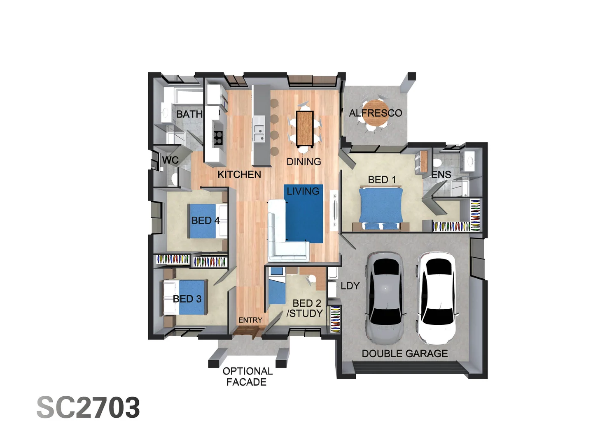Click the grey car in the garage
[x=385, y=298]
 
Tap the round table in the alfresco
[x=375, y=112]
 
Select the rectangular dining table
[x=305, y=128]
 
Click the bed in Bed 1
[x=381, y=208]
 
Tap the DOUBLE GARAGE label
[x=404, y=354]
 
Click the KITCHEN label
[x=239, y=175]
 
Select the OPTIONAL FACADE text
[x=247, y=377]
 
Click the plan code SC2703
[x=88, y=408]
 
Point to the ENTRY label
[x=250, y=320]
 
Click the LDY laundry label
[x=350, y=286]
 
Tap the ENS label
[x=441, y=175]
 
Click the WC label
[x=170, y=160]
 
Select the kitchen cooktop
[x=218, y=137]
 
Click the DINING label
[x=304, y=162]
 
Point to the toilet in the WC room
[x=175, y=178]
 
